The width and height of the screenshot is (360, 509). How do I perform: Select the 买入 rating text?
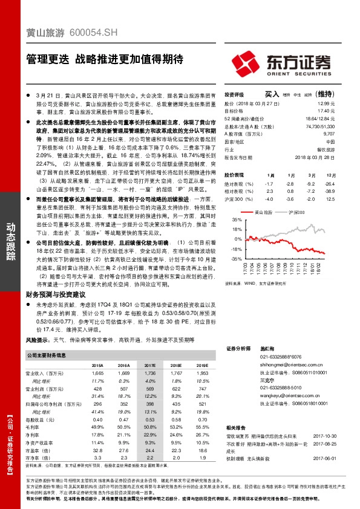(272, 95)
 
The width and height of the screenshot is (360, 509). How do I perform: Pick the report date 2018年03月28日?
(318, 157)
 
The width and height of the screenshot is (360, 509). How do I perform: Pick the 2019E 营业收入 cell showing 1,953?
(201, 374)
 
